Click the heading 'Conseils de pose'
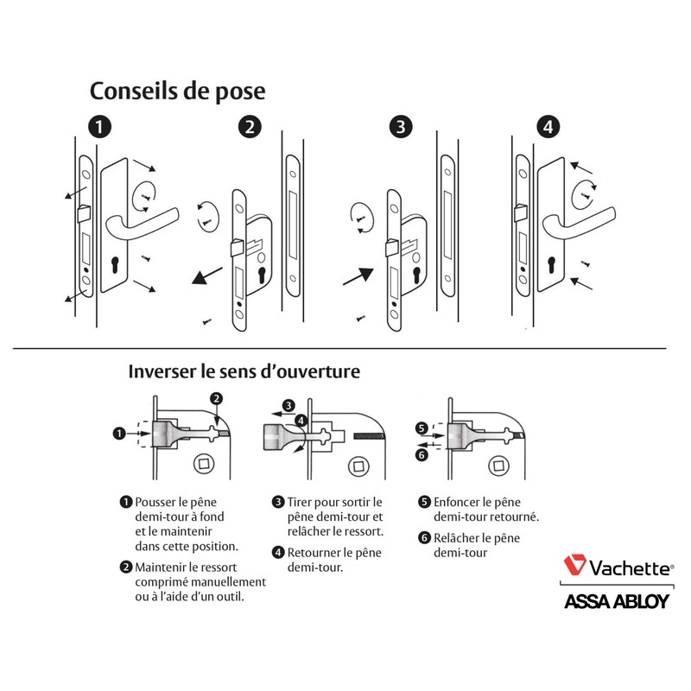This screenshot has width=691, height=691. click(177, 91)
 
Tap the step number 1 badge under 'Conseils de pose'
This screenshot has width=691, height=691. click(101, 127)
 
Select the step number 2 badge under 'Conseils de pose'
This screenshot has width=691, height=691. click(249, 127)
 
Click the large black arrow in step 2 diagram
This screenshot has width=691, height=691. click(205, 277)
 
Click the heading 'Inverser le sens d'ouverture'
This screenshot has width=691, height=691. click(244, 372)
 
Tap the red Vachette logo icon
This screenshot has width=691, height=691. click(574, 567)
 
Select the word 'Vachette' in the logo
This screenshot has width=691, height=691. click(628, 567)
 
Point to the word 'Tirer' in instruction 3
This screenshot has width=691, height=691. click(302, 502)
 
